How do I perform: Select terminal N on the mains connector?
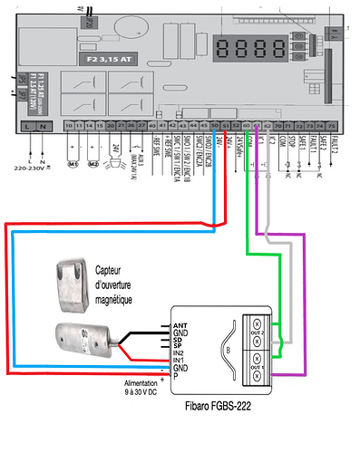(x=43, y=125)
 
